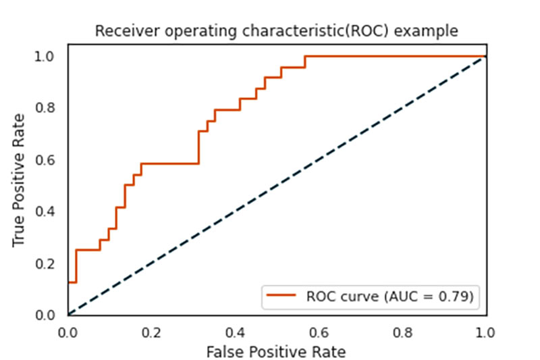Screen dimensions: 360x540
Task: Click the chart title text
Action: coord(276,31)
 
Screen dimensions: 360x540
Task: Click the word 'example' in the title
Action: coord(432,31)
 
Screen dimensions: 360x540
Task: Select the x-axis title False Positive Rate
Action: coord(276,351)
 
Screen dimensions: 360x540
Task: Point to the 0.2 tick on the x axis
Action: coord(151,332)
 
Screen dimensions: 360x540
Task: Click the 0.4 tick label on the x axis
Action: coord(235,332)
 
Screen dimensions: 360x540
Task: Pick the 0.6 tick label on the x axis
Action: coord(319,332)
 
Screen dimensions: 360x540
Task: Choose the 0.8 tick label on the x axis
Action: coord(402,332)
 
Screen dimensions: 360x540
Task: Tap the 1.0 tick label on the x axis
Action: coord(485,332)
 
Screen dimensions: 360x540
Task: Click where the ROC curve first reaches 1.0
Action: coord(305,56)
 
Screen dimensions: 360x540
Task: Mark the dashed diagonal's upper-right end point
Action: coord(485,56)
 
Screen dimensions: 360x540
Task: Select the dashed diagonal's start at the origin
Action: coord(68,315)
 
